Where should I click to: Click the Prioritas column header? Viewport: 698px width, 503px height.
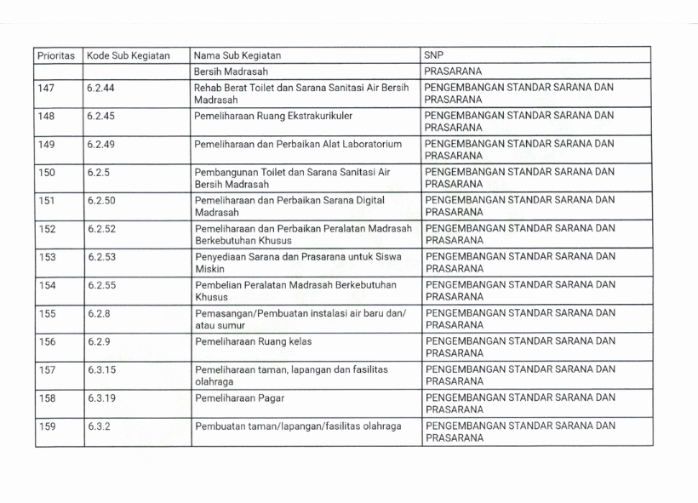tap(56, 55)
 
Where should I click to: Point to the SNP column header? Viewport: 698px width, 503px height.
tap(434, 55)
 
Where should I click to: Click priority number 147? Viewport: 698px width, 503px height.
tap(47, 88)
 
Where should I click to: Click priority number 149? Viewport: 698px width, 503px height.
tap(47, 144)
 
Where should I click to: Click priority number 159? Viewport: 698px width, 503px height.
tap(47, 426)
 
